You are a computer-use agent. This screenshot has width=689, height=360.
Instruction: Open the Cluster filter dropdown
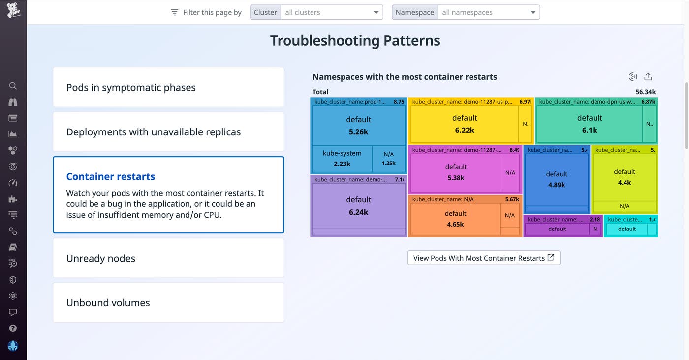click(x=331, y=12)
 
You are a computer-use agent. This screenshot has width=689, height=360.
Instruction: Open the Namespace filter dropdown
click(x=488, y=12)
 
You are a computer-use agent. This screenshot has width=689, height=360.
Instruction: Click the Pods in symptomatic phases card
click(x=168, y=87)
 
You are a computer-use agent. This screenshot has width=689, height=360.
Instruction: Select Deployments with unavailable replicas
click(x=168, y=132)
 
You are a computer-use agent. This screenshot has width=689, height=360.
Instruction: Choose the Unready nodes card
click(x=168, y=258)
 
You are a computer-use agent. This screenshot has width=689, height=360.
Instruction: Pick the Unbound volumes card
click(x=168, y=303)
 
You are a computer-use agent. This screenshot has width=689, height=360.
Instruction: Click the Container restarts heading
click(x=111, y=176)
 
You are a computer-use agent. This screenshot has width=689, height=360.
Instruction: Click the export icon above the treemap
click(x=648, y=76)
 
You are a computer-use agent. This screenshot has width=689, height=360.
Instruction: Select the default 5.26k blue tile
click(x=358, y=125)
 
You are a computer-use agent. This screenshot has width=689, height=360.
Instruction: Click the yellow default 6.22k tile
click(x=464, y=124)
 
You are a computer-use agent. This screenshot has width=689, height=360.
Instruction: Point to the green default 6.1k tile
click(x=589, y=124)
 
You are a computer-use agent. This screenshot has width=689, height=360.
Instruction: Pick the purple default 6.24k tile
click(x=358, y=206)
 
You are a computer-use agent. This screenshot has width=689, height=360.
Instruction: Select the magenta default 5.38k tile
click(x=455, y=172)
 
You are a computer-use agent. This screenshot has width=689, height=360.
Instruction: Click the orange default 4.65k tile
click(x=455, y=219)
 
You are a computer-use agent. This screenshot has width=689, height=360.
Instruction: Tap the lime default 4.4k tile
click(x=624, y=177)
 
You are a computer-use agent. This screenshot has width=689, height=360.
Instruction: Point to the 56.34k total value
click(x=645, y=92)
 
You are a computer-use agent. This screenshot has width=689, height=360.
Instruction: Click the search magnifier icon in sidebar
click(x=13, y=86)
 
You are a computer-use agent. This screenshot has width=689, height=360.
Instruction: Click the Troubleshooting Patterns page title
click(x=355, y=40)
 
